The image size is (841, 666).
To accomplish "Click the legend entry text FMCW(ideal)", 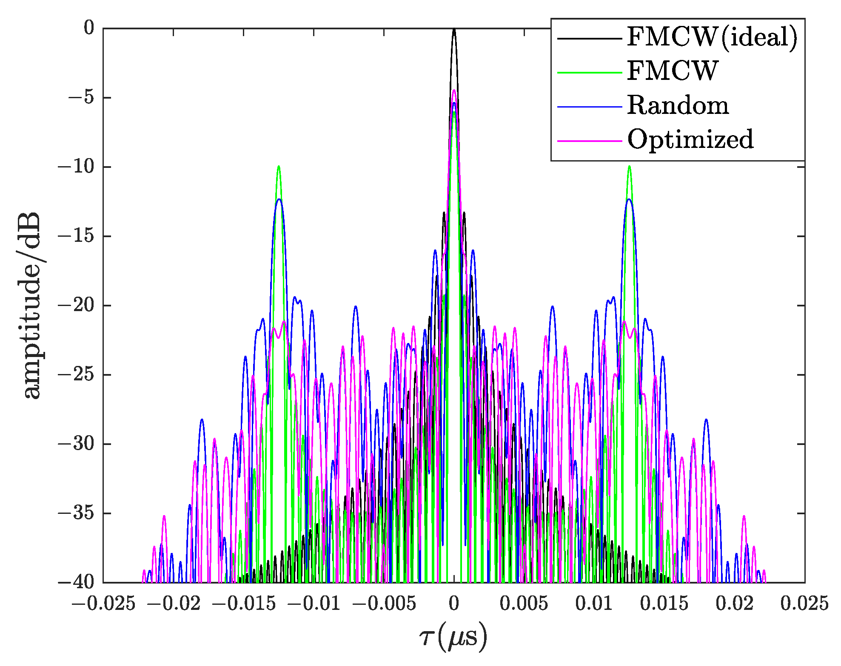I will [712, 38].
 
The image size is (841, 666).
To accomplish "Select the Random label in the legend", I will [678, 106].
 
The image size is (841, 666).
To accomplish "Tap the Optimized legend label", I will [690, 140].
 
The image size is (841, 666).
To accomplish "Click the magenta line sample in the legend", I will [589, 141].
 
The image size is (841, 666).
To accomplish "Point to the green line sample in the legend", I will [589, 73].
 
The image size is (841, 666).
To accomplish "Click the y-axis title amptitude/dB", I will [32, 305].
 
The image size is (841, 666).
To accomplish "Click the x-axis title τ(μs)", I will [453, 637].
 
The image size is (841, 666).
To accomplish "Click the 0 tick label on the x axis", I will [454, 604].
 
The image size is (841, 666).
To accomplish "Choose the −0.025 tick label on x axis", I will [103, 604].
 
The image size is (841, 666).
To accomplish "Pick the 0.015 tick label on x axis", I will [664, 604].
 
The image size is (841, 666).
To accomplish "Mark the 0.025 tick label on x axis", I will [804, 604].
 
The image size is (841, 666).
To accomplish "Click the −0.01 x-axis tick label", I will [314, 604].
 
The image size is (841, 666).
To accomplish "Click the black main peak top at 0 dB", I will [454, 30].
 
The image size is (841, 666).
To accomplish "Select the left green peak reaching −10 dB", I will [279, 167].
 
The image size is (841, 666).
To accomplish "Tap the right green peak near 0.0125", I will [629, 167].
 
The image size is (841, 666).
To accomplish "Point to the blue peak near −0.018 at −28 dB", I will [202, 420].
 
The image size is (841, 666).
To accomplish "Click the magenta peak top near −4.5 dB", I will [454, 91].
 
